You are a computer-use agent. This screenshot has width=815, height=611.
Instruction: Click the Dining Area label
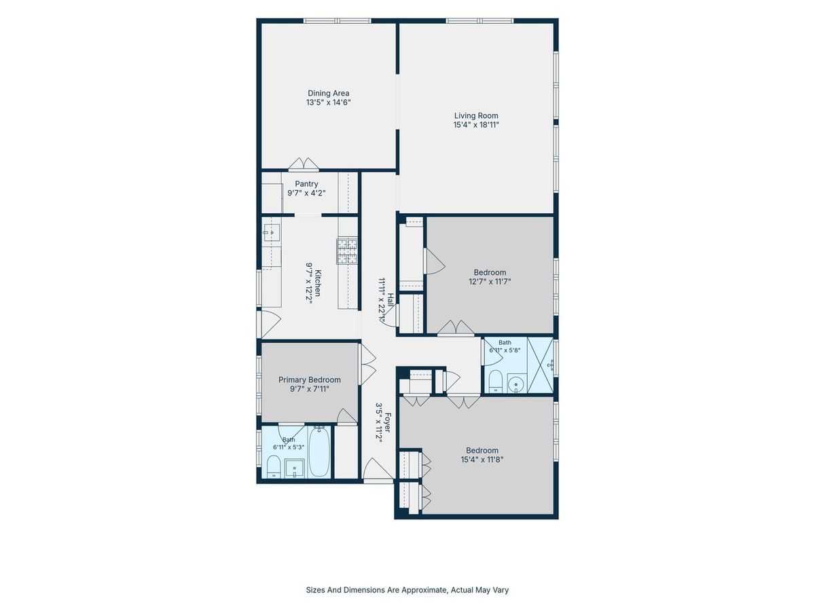(x=328, y=93)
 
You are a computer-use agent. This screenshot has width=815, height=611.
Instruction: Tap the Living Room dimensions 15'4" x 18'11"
(x=475, y=125)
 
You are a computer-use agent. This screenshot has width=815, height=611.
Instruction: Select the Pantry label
(x=306, y=183)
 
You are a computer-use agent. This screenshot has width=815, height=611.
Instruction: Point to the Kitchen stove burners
(x=347, y=251)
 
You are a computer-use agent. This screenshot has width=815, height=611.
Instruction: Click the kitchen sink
(x=272, y=233)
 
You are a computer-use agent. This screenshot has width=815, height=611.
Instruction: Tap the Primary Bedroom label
(x=309, y=379)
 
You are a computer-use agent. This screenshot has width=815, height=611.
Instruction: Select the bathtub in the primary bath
(x=319, y=451)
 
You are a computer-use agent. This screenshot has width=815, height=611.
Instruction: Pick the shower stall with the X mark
(x=540, y=365)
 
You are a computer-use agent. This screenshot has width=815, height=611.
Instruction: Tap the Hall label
(x=391, y=300)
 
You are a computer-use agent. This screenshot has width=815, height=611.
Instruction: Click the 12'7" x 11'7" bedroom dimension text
(x=490, y=281)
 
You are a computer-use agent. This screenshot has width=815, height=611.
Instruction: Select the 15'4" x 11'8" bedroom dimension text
(x=482, y=460)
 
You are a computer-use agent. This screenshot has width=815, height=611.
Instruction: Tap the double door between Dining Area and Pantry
(x=304, y=164)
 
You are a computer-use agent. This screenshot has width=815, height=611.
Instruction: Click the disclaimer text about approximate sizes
(x=407, y=589)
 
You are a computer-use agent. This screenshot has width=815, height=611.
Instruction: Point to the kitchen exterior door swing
(x=270, y=325)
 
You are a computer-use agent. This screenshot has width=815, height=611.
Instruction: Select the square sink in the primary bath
(x=295, y=468)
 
